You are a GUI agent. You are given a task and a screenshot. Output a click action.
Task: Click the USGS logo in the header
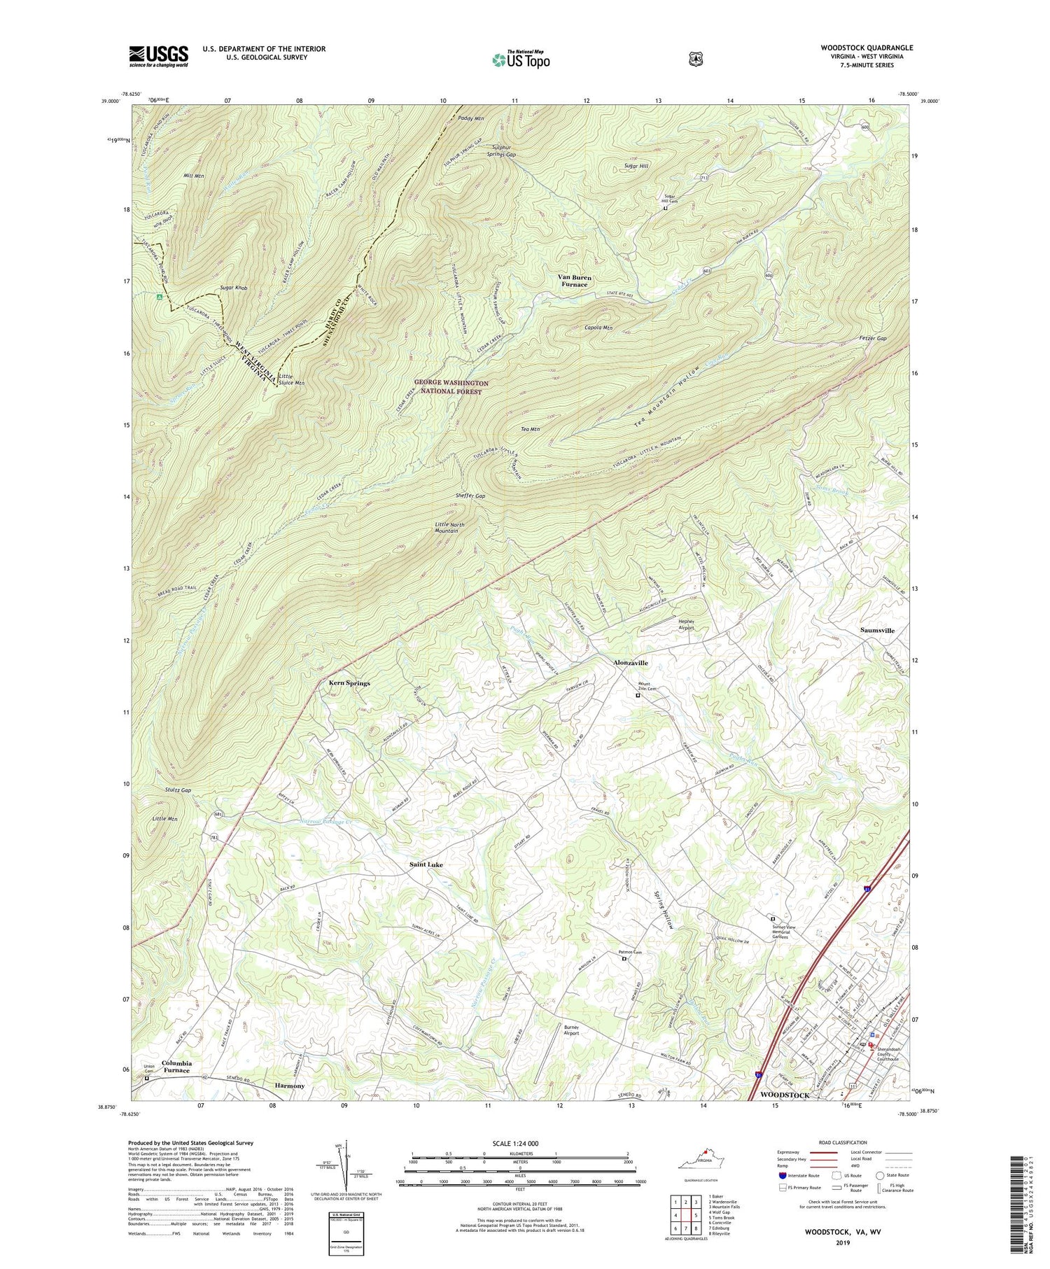pyautogui.click(x=158, y=56)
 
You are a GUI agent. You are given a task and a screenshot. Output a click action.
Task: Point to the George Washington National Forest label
pyautogui.click(x=451, y=388)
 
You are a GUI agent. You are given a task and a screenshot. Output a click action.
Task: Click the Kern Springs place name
pyautogui.click(x=349, y=682)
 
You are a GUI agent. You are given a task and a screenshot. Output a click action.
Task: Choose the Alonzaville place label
pyautogui.click(x=631, y=662)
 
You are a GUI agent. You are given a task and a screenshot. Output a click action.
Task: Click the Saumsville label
pyautogui.click(x=877, y=630)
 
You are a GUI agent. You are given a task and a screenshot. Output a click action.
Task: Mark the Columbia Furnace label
pyautogui.click(x=176, y=1067)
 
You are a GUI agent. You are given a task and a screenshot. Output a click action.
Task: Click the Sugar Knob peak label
pyautogui.click(x=233, y=288)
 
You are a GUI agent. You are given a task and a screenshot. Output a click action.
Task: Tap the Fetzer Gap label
pyautogui.click(x=872, y=338)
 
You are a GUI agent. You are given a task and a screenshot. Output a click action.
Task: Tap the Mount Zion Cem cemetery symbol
pyautogui.click(x=638, y=696)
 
